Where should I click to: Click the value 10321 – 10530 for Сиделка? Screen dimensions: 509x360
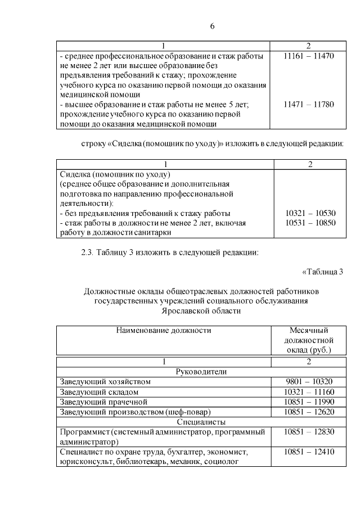pyautogui.click(x=310, y=213)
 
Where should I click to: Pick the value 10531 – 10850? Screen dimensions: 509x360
pyautogui.click(x=310, y=223)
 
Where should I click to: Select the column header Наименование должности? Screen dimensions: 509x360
pyautogui.click(x=164, y=330)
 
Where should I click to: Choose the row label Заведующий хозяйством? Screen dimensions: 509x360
pyautogui.click(x=105, y=381)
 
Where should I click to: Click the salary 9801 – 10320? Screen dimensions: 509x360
pyautogui.click(x=309, y=381)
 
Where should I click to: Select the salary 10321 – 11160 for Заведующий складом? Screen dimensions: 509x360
pyautogui.click(x=309, y=391)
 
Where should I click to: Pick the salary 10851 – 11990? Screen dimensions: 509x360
pyautogui.click(x=309, y=402)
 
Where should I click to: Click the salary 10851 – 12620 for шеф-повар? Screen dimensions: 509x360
pyautogui.click(x=309, y=412)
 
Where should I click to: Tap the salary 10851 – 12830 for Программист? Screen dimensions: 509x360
pyautogui.click(x=309, y=432)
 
